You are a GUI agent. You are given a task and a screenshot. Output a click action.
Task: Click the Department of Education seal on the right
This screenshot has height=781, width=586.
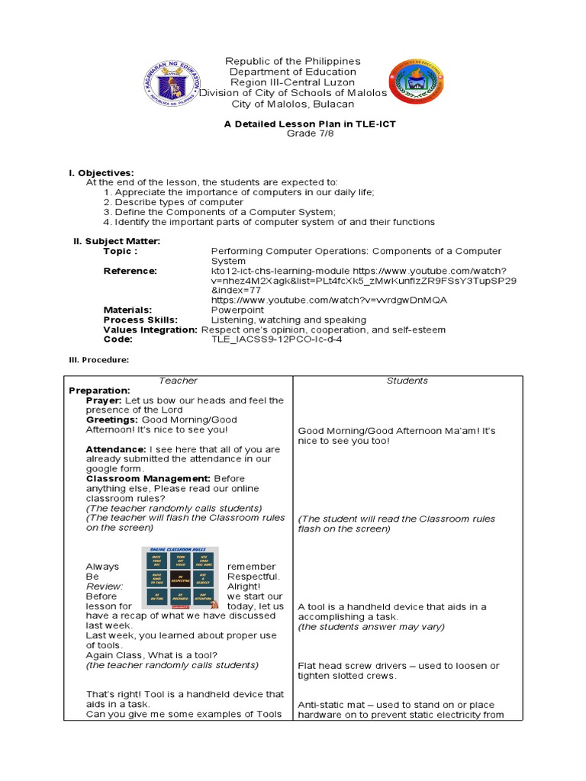click(x=417, y=82)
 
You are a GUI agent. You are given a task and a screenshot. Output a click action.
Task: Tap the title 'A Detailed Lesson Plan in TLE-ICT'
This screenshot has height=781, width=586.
click(x=294, y=123)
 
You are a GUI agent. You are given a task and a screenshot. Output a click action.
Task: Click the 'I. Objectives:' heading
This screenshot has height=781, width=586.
click(x=101, y=173)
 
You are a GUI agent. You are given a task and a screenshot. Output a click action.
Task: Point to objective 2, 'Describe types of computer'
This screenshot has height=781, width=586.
click(x=173, y=202)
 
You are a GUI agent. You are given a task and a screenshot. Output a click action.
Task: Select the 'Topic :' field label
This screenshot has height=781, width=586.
click(x=121, y=251)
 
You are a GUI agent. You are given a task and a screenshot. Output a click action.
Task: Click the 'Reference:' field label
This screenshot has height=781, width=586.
click(x=130, y=271)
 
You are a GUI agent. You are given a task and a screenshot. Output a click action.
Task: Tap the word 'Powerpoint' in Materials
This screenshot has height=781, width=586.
click(x=237, y=310)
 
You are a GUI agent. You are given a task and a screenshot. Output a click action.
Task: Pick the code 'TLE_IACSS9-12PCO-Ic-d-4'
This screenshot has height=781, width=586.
click(x=276, y=339)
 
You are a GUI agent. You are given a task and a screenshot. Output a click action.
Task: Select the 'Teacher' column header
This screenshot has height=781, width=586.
click(x=179, y=381)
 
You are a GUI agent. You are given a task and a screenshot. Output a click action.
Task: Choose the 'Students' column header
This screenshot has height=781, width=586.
click(x=407, y=381)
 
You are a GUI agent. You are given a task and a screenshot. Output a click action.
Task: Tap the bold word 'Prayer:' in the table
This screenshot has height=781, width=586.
click(x=104, y=400)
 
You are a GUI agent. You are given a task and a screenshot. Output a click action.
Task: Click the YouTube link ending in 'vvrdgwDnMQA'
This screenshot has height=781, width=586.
click(x=329, y=300)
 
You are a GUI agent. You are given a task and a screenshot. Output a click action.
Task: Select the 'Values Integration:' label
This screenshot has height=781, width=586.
click(x=150, y=329)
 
